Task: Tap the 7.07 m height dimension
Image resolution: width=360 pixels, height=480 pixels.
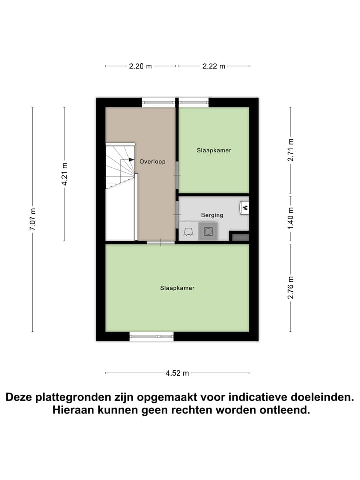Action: (x=32, y=219)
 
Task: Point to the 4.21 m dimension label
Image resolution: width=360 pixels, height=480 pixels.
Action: (x=64, y=174)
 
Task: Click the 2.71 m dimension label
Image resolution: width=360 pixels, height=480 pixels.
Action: (x=291, y=149)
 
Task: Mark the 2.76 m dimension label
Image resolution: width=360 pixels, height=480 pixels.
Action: (x=291, y=288)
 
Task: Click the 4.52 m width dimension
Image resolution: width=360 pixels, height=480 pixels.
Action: (x=178, y=373)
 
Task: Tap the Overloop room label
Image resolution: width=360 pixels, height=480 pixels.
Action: (x=152, y=161)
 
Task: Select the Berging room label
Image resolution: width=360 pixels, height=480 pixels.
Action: (x=212, y=215)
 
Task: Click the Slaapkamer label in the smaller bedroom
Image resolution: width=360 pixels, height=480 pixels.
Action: (x=214, y=150)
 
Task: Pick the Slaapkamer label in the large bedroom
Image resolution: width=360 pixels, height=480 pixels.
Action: (x=177, y=288)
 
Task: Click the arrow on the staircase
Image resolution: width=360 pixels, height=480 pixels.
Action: (x=131, y=160)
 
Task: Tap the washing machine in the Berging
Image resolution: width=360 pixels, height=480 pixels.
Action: (x=208, y=231)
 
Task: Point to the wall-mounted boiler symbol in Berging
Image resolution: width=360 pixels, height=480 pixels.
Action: (x=245, y=206)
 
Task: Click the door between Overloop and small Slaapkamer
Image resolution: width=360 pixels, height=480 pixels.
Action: (x=177, y=175)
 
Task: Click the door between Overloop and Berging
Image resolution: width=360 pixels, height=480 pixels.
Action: (x=177, y=214)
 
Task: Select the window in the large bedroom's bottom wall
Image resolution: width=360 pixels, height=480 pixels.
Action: (x=152, y=336)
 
